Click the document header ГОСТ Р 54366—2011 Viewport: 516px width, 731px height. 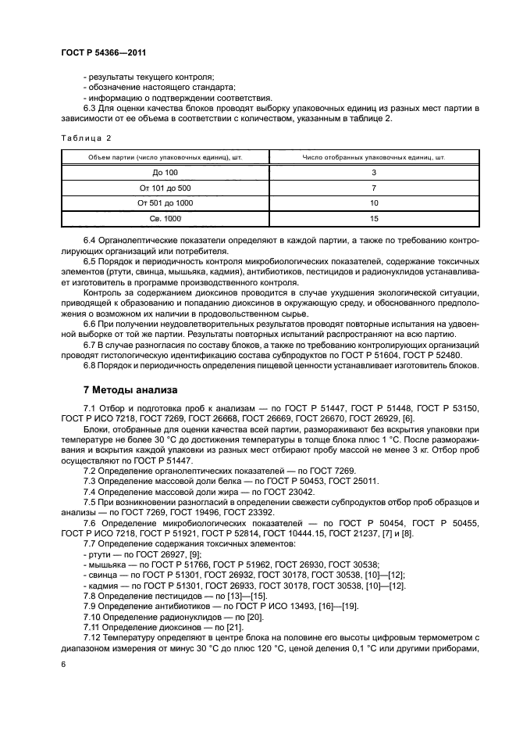98,52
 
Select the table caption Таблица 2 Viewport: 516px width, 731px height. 86,138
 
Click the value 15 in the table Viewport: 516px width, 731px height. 374,219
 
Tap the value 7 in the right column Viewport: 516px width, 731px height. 374,188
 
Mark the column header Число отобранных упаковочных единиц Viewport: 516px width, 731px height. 374,157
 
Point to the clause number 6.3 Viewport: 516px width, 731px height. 91,108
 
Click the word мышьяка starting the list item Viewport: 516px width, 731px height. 108,564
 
